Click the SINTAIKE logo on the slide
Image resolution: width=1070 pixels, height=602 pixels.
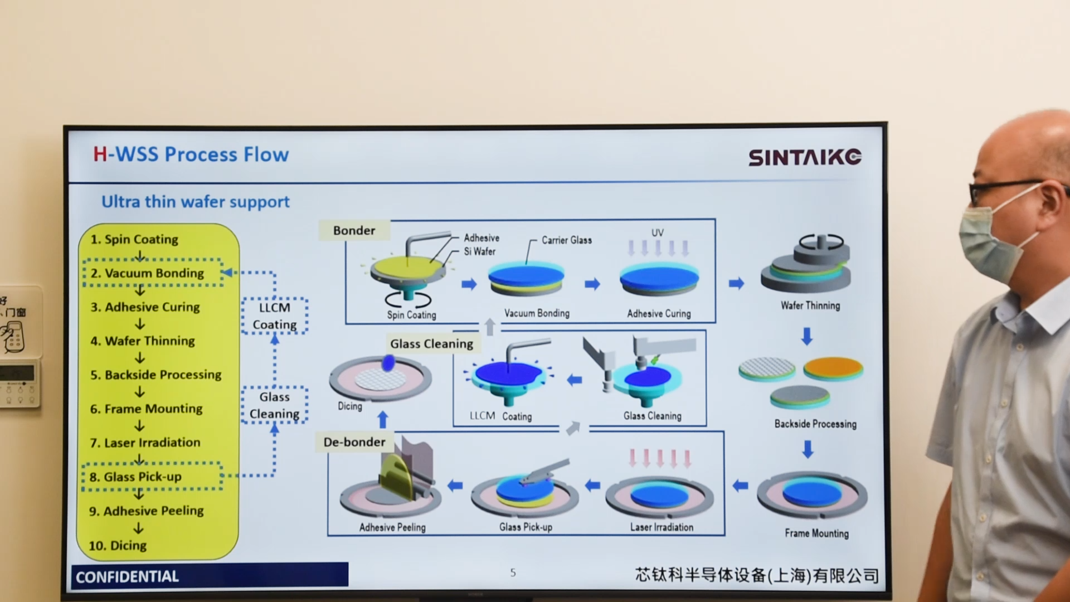804,157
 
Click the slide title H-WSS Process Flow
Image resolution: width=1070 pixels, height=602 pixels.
191,154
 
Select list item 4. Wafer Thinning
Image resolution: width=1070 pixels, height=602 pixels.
143,341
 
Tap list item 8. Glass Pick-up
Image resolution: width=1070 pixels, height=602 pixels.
135,477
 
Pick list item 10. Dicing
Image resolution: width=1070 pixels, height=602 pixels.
118,545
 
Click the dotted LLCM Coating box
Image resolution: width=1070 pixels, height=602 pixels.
274,316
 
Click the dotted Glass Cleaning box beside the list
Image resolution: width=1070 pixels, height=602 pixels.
274,405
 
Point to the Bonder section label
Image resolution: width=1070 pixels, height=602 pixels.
354,230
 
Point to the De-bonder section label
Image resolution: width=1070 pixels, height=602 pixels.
354,442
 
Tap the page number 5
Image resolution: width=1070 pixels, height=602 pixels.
513,572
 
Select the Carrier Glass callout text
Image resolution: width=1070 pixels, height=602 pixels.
566,240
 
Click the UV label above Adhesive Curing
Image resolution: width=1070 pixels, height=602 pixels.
658,232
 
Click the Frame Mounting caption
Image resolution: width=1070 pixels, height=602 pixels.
816,533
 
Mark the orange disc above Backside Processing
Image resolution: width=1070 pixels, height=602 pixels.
833,368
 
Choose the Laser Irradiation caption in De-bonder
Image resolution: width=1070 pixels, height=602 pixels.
662,527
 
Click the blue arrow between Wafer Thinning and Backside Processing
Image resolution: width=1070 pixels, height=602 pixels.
806,336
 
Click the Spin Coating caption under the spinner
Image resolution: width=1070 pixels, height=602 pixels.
411,315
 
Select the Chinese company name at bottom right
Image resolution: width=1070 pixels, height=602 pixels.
756,575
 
